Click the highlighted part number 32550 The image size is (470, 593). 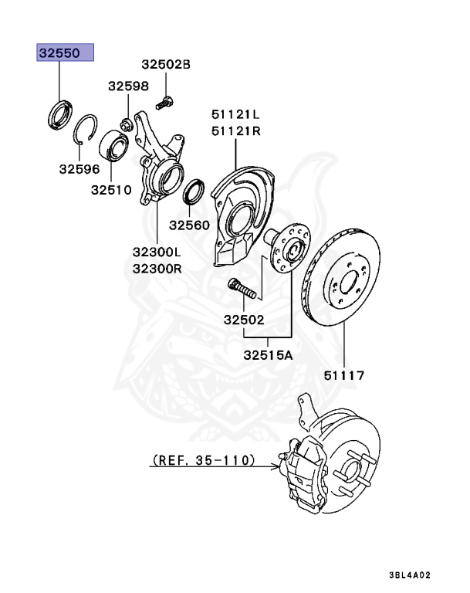(66, 53)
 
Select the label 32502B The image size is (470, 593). (165, 65)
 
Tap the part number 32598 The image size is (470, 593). (128, 86)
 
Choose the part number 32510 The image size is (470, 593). (112, 188)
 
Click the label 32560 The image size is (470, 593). (189, 225)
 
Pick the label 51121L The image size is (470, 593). (235, 115)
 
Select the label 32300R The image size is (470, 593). (156, 269)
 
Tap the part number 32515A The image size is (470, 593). (269, 356)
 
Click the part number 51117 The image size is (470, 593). (343, 376)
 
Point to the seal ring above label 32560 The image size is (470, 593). (194, 193)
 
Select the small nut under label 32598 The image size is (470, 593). (127, 123)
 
